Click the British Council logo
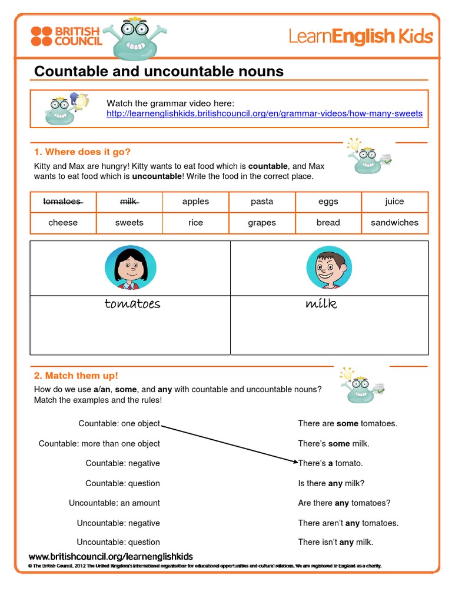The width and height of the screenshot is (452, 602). pos(67,36)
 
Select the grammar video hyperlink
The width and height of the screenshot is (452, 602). pos(264,113)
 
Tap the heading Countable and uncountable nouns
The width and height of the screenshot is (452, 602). pos(159,72)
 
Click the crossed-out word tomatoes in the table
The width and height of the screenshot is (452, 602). pos(62,202)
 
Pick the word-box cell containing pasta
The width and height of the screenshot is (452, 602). pos(262,202)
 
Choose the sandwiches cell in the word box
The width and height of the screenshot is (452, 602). pos(394,223)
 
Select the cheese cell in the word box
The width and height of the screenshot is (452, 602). pos(62,223)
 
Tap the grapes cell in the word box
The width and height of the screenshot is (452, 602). pos(262,223)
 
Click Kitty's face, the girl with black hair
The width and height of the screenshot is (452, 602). pos(130,267)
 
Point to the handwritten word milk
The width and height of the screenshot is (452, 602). pos(321,304)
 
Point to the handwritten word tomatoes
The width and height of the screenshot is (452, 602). pos(132,304)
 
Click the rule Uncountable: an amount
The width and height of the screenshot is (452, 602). pos(114,503)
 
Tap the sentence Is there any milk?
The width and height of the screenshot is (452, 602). pos(331,483)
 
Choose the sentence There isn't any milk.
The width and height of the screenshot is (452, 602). pos(335,543)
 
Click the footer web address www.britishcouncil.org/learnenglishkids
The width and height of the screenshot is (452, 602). pos(111,557)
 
